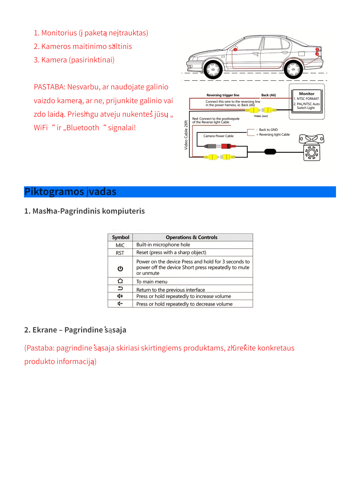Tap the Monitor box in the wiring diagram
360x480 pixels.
tap(307, 101)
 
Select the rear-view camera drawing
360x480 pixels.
tap(312, 148)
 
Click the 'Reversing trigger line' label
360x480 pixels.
tap(223, 95)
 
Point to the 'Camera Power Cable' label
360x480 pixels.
tap(218, 136)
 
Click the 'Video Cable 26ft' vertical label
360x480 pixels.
tap(186, 135)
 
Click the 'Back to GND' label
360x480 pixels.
tap(268, 130)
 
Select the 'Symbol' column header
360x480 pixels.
tap(121, 237)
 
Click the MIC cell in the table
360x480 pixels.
tap(120, 245)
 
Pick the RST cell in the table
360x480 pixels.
tap(120, 253)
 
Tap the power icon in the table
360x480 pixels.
tap(120, 268)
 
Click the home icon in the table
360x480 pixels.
tap(120, 281)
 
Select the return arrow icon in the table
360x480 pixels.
tap(120, 289)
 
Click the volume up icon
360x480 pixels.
tap(120, 296)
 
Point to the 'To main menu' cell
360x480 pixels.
tap(152, 282)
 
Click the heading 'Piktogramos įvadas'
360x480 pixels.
tap(70, 192)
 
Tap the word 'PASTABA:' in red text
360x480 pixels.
tap(49, 87)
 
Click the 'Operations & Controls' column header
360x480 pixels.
tap(191, 237)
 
